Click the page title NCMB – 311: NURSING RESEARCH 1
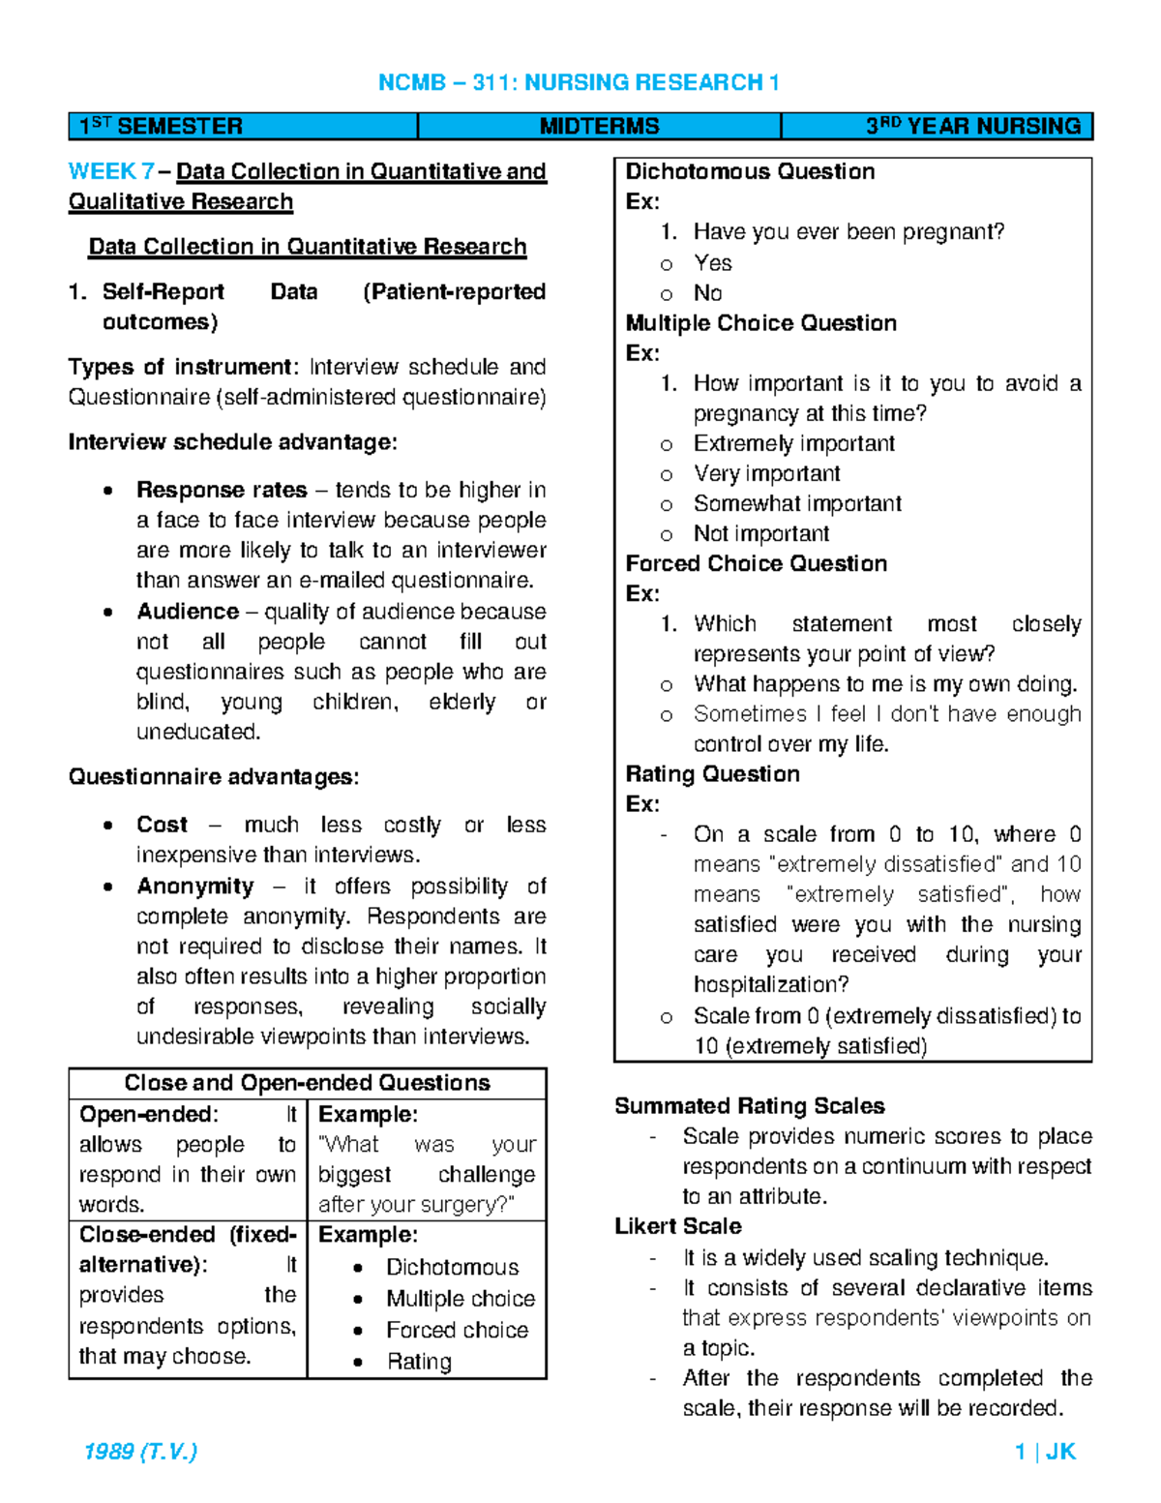[x=579, y=82]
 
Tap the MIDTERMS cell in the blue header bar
[x=599, y=127]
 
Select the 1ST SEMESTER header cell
[x=161, y=127]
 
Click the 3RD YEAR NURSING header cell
[x=972, y=127]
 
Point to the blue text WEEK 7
[x=110, y=171]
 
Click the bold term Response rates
[x=222, y=490]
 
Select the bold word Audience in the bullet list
[x=188, y=612]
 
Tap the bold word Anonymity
[x=194, y=887]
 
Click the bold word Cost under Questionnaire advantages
[x=162, y=825]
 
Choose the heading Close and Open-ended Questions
[x=307, y=1083]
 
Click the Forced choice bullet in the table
[x=457, y=1330]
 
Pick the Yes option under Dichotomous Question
[x=712, y=263]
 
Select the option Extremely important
[x=793, y=443]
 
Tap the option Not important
[x=760, y=533]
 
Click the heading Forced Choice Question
[x=756, y=563]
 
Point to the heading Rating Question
[x=712, y=774]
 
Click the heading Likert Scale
[x=677, y=1226]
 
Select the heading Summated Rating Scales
[x=749, y=1106]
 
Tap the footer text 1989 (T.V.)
[x=140, y=1451]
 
